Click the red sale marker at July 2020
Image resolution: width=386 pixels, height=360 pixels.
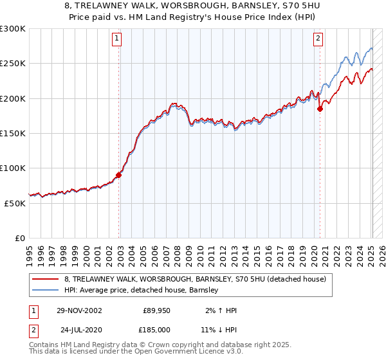point(320,109)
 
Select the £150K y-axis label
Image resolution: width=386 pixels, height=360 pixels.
point(13,134)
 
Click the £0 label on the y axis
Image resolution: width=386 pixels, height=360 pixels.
point(19,238)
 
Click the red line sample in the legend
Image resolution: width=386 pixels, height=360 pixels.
point(46,279)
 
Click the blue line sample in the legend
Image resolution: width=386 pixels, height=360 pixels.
point(46,290)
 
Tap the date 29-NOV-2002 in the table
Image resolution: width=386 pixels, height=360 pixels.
point(79,310)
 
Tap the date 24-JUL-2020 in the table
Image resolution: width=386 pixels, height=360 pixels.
point(79,329)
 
